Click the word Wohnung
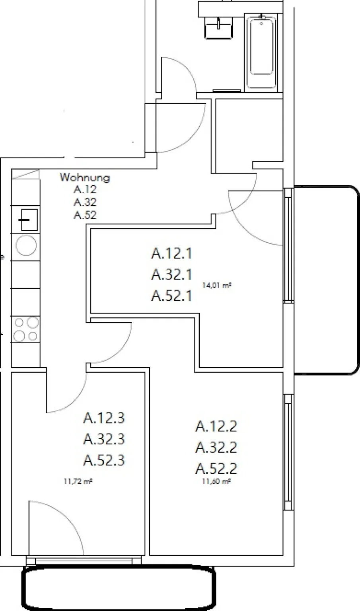pos(85,177)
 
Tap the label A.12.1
pos(171,253)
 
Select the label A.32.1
pos(171,274)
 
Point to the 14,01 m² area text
pos(217,286)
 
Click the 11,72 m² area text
pos(78,481)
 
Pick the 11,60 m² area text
pos(216,481)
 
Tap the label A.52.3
pos(104,460)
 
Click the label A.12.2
pos(216,426)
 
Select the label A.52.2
pos(216,469)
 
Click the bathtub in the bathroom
pos(261,51)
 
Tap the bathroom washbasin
pos(218,27)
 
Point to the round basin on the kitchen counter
pos(26,245)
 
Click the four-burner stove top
pos(25,329)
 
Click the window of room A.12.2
pos(288,452)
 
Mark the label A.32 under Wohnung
pos(85,202)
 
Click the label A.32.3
pos(104,439)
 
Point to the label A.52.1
pos(171,296)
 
